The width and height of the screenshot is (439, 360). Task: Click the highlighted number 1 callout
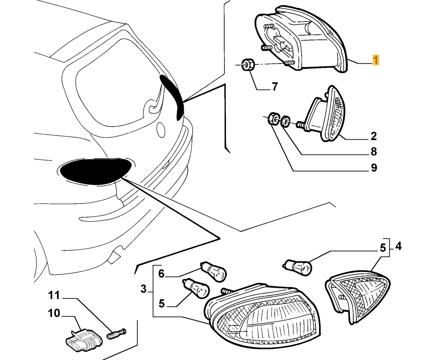376,60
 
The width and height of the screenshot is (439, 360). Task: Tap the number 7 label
275,87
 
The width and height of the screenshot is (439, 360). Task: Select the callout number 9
374,168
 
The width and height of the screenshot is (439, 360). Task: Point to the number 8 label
374,151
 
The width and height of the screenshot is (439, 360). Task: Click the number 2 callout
374,136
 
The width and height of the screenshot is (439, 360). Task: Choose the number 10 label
54,313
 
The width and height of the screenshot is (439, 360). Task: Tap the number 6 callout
161,273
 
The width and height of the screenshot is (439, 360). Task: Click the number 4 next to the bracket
398,246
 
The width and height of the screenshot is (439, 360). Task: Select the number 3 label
144,289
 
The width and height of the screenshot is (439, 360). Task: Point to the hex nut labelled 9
272,118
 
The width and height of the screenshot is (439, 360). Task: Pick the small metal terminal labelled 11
116,332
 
